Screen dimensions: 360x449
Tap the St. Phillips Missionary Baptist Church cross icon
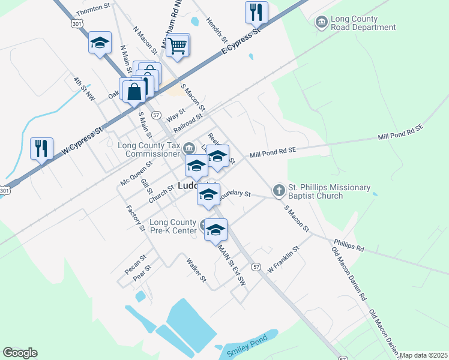pyautogui.click(x=279, y=190)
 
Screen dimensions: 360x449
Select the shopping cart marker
pyautogui.click(x=178, y=45)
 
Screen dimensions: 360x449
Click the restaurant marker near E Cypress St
pyautogui.click(x=256, y=11)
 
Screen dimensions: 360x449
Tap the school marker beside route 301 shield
pyautogui.click(x=100, y=43)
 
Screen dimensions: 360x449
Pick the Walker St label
pyautogui.click(x=196, y=270)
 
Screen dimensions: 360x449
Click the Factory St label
pyautogui.click(x=136, y=218)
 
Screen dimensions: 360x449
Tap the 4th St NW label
pyautogui.click(x=84, y=88)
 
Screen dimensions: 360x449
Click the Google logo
pyautogui.click(x=20, y=353)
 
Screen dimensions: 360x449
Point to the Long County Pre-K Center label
pyautogui.click(x=173, y=227)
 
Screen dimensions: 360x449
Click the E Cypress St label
pyautogui.click(x=243, y=40)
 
